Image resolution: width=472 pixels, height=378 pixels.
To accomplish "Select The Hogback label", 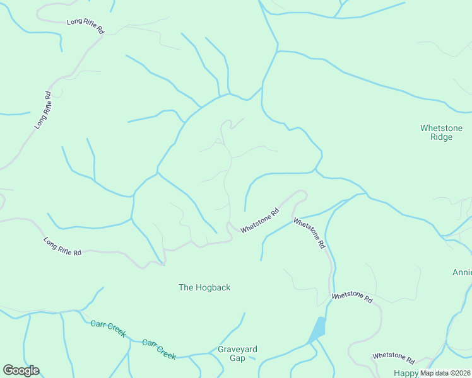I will coord(204,287).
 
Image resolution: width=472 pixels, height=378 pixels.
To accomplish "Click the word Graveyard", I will coord(237,349).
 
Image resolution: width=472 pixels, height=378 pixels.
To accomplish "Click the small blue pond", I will coord(318,329).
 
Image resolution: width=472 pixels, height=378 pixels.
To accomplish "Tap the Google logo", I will coord(21,370).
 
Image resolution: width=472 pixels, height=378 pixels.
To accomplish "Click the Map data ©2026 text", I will coord(445,373).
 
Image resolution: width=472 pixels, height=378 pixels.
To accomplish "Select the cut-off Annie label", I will coord(462,273).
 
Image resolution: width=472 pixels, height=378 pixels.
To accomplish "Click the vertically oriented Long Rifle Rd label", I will coord(43,111).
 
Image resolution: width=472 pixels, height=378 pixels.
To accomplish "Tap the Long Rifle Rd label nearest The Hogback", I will coord(62,246).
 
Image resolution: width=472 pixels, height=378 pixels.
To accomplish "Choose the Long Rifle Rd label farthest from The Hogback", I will coord(85,26).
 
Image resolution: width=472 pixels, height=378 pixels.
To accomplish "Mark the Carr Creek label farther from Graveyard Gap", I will coord(107,328).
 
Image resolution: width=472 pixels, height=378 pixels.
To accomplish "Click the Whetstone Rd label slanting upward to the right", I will coord(259,222).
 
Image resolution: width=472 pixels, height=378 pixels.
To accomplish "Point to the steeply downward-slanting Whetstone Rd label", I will coord(309,232).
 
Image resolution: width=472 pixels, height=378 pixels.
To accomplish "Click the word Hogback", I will coord(212,287).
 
